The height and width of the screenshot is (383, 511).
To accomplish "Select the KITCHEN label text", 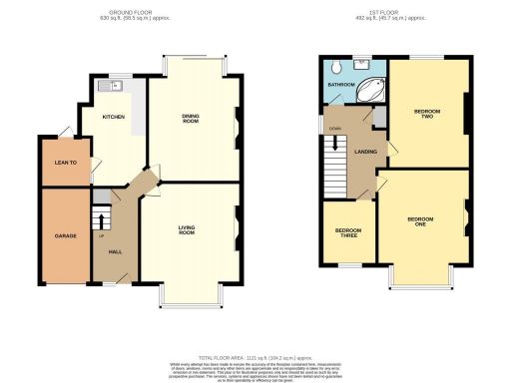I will click(x=114, y=117).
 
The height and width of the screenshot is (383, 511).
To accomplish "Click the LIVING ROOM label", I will click(x=187, y=231).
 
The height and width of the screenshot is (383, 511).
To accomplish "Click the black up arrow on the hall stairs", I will click(x=101, y=217).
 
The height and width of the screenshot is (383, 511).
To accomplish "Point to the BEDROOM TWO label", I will click(x=426, y=113).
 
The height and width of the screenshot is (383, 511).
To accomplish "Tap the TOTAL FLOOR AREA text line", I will click(x=255, y=356).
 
